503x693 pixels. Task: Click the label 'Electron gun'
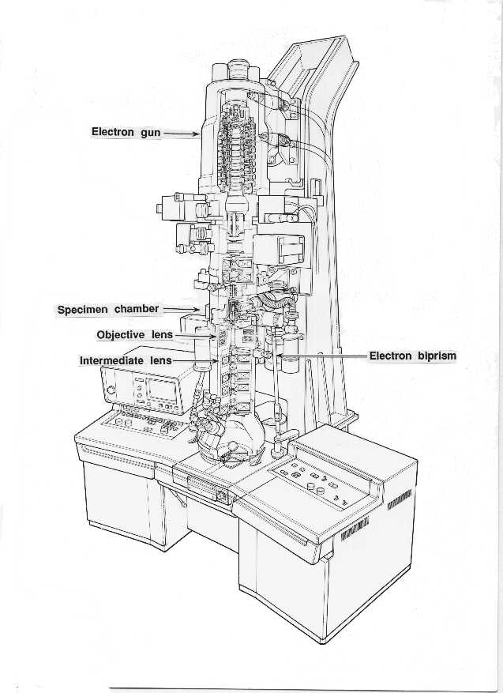pyautogui.click(x=126, y=132)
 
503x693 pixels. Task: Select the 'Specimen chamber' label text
pyautogui.click(x=107, y=309)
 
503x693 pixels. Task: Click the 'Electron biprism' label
pyautogui.click(x=412, y=356)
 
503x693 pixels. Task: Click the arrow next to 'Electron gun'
pyautogui.click(x=180, y=134)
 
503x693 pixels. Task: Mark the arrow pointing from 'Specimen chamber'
pyautogui.click(x=181, y=309)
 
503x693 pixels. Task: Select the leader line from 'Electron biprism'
pyautogui.click(x=324, y=356)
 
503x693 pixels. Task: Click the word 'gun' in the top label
pyautogui.click(x=150, y=133)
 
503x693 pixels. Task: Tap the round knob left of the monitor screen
pyautogui.click(x=111, y=390)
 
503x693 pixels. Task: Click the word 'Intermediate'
pyautogui.click(x=112, y=361)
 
